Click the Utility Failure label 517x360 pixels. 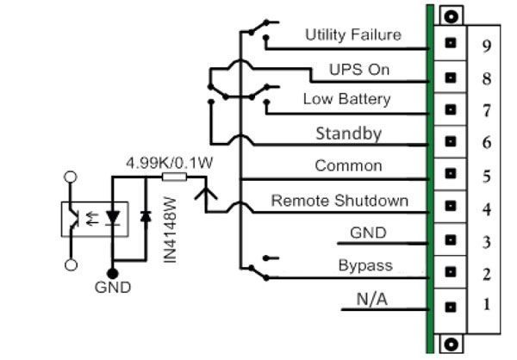(353, 34)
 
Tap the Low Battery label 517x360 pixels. (346, 99)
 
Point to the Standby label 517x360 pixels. (348, 133)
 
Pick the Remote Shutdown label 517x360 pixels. (339, 201)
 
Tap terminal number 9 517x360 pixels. (487, 46)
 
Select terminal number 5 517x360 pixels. (487, 177)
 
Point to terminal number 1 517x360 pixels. (487, 305)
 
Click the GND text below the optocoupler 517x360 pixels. (113, 288)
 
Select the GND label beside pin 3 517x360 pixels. (368, 233)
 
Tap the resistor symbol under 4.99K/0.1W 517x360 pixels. (174, 177)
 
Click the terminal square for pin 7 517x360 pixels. (448, 109)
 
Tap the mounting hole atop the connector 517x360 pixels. (448, 15)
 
